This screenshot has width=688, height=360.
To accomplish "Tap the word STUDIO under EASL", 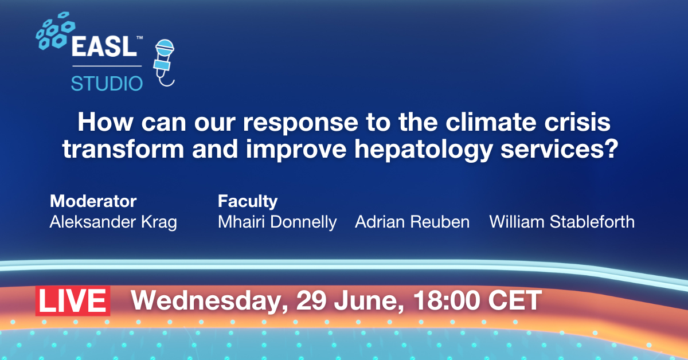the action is pyautogui.click(x=107, y=84).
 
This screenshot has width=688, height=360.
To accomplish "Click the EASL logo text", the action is pyautogui.click(x=104, y=46).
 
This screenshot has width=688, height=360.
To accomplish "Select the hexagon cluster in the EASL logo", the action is pyautogui.click(x=55, y=31).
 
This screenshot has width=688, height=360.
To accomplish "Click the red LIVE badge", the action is pyautogui.click(x=73, y=301).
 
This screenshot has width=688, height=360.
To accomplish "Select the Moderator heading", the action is pyautogui.click(x=93, y=201).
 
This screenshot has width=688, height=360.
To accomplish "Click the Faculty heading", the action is pyautogui.click(x=248, y=202).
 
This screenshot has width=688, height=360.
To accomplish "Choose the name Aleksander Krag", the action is pyautogui.click(x=114, y=222).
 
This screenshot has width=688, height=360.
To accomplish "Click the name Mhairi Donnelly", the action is pyautogui.click(x=277, y=222).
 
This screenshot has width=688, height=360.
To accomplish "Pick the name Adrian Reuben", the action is pyautogui.click(x=412, y=222).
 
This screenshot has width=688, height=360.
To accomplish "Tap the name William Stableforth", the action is pyautogui.click(x=562, y=222).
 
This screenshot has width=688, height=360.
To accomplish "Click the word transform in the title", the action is pyautogui.click(x=123, y=149).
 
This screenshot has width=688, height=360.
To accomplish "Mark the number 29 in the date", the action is pyautogui.click(x=311, y=300).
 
